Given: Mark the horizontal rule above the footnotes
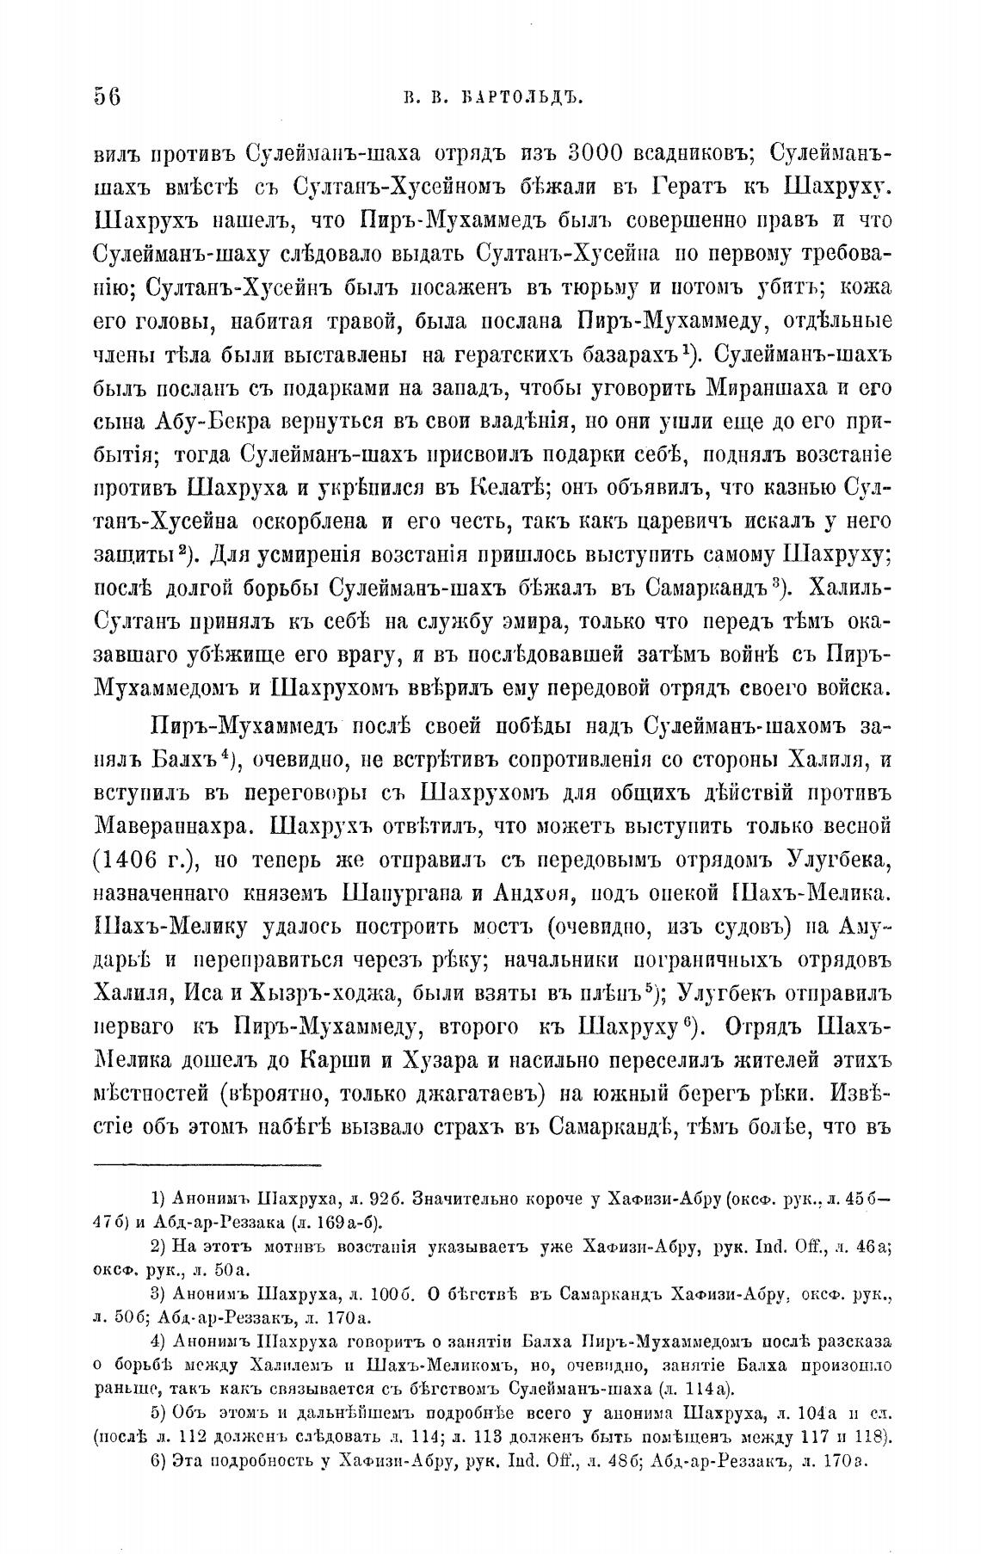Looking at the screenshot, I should (x=207, y=1165).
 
